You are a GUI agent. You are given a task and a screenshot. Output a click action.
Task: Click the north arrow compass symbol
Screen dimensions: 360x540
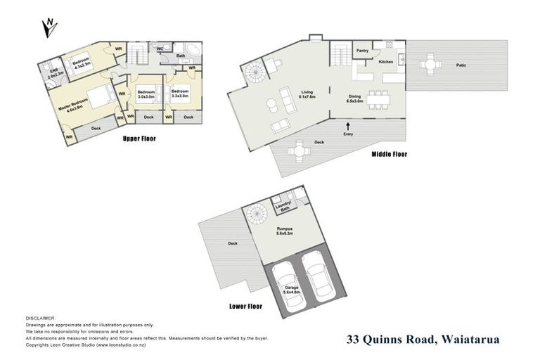click(49, 27)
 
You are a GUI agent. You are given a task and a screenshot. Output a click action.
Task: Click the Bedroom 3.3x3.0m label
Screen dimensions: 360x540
click(179, 93)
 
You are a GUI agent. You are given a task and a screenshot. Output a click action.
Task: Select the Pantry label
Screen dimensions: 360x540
click(363, 51)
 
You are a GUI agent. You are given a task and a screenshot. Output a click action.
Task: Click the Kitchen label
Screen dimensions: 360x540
click(386, 63)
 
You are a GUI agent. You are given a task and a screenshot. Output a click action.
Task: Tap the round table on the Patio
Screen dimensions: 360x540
click(430, 65)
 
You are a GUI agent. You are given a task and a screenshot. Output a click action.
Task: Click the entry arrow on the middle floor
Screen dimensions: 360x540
click(348, 125)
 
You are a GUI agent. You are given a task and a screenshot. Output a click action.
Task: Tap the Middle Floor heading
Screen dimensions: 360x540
click(389, 154)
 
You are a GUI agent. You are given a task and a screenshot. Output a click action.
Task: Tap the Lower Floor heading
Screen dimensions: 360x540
click(245, 307)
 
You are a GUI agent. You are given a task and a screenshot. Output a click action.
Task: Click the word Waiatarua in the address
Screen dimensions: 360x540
click(470, 340)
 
